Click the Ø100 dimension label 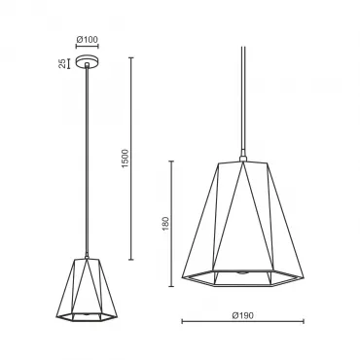[87, 40]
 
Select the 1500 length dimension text [125, 159]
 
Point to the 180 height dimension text [165, 224]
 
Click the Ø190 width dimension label [243, 315]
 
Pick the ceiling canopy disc [87, 62]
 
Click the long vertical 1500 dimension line [131, 159]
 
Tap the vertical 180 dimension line [171, 224]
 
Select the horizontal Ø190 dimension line [243, 322]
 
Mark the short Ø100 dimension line [87, 47]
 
